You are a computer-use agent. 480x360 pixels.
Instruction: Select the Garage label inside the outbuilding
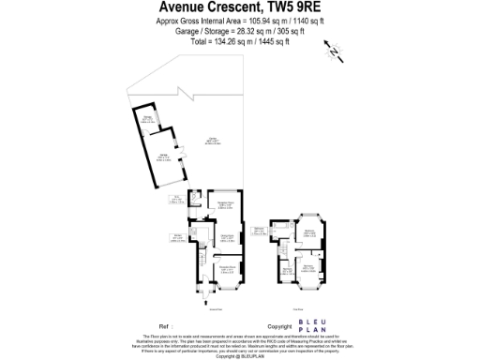pyautogui.click(x=161, y=158)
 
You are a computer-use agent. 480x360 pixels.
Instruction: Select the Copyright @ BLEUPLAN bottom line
pyautogui.click(x=240, y=356)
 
